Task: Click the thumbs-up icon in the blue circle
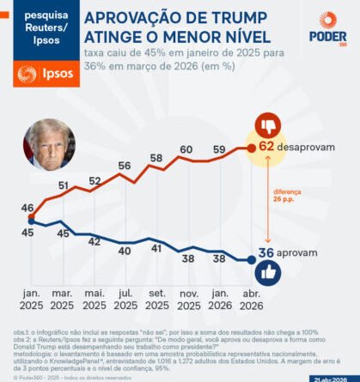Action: point(269,274)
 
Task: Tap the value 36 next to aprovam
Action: point(266,253)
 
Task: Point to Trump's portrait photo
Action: point(49,144)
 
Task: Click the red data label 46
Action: point(27,208)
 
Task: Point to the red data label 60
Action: point(186,150)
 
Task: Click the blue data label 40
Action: point(125,251)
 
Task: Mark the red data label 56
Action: point(125,167)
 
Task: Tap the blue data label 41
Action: point(156,248)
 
